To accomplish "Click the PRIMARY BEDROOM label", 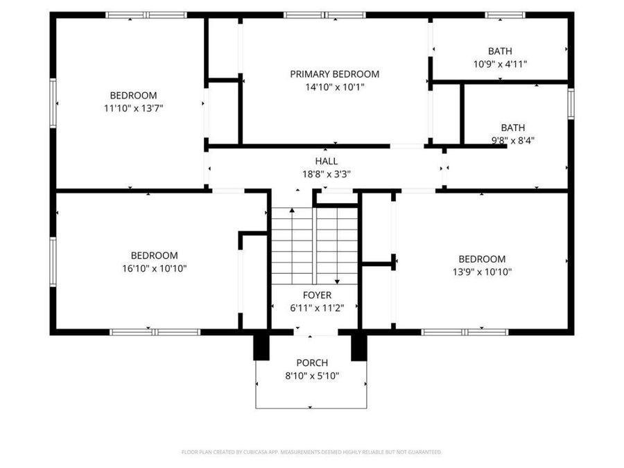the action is [334, 74].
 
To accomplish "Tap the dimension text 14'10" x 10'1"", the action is [335, 87].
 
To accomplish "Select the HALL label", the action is [327, 161].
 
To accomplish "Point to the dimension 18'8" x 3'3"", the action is [327, 174].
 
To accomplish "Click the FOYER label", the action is [317, 295].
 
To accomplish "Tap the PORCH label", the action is [312, 363].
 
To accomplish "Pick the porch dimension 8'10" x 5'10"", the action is [312, 376].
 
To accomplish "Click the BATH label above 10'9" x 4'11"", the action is [500, 51].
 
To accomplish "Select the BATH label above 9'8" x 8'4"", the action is [512, 128].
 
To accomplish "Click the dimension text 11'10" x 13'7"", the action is [134, 108].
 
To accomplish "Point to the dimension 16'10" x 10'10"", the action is [155, 268].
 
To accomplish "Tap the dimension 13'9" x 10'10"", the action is [482, 272].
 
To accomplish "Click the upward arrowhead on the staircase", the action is [292, 210].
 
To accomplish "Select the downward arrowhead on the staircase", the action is [337, 281].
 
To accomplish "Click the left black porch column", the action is [261, 347].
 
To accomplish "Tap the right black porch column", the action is [358, 347].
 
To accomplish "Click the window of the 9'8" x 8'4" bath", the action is [571, 103].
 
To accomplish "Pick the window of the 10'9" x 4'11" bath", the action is [505, 15].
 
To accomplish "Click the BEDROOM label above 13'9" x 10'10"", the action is [482, 259].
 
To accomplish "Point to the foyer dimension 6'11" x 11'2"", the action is [317, 308].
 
